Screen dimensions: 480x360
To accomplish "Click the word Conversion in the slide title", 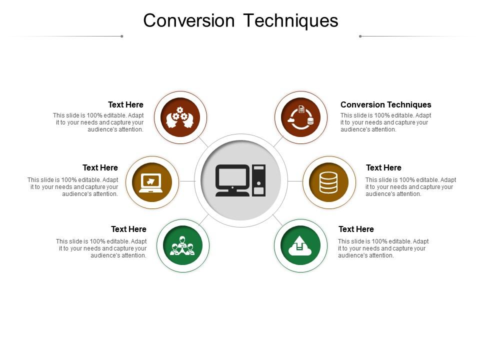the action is pyautogui.click(x=189, y=20).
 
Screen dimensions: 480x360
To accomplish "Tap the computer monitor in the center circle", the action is pyautogui.click(x=232, y=180).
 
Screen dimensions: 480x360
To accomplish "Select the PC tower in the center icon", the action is pyautogui.click(x=258, y=180).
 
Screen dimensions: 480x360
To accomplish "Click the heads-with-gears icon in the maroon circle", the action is pyautogui.click(x=180, y=117).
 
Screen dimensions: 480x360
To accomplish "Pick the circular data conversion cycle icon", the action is pyautogui.click(x=301, y=117).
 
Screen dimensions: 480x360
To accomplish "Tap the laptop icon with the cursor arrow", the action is pyautogui.click(x=151, y=183).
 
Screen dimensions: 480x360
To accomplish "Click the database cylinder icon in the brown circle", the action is pyautogui.click(x=328, y=183).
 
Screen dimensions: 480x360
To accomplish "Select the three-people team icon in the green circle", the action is pyautogui.click(x=182, y=245).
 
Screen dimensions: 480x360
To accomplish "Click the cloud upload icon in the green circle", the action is pyautogui.click(x=300, y=246).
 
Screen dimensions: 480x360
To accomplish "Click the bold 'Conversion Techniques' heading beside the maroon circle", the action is pyautogui.click(x=385, y=104).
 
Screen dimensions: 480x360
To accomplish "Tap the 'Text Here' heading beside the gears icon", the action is pyautogui.click(x=125, y=104).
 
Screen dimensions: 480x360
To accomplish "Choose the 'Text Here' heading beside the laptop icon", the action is pyautogui.click(x=100, y=168).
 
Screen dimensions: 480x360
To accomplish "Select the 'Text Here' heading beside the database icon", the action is pyautogui.click(x=383, y=168).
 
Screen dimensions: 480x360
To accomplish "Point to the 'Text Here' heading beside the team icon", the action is pyautogui.click(x=128, y=229).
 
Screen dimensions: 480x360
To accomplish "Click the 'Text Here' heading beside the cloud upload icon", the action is pyautogui.click(x=356, y=229).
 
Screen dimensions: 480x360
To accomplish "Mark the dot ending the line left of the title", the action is pyautogui.click(x=122, y=36).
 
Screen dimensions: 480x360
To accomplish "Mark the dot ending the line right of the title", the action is pyautogui.click(x=360, y=36).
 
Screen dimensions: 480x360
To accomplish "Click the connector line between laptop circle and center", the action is pyautogui.click(x=187, y=181).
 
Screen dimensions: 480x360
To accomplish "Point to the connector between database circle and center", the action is pyautogui.click(x=295, y=181).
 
